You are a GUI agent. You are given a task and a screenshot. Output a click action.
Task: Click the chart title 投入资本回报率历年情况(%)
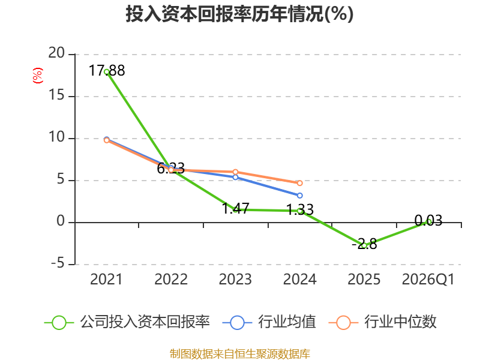239,14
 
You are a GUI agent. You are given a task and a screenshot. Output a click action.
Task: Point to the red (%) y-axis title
38,76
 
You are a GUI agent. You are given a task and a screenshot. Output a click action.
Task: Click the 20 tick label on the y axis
56,53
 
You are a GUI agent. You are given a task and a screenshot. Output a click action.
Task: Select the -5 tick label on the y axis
58,263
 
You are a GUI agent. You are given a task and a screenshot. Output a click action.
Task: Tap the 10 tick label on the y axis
56,137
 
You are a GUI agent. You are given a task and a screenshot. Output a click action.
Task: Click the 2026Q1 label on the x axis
428,279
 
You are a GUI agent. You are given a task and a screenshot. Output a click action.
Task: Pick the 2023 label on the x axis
235,279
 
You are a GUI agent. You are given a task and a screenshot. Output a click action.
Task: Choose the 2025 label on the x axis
364,279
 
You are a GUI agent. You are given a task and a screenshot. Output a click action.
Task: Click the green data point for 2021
107,72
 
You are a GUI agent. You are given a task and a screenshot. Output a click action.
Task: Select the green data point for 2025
364,245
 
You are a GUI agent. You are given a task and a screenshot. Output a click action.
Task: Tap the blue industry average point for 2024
299,196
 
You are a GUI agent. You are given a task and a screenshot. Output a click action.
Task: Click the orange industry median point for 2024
299,183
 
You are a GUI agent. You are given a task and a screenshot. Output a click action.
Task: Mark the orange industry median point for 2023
235,172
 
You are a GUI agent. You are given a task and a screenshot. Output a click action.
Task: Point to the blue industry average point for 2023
235,177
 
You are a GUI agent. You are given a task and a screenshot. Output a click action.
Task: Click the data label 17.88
107,70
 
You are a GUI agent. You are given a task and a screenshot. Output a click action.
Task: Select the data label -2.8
364,244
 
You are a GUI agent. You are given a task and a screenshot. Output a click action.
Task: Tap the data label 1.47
235,208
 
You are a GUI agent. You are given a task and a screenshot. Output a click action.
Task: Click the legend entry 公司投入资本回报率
127,322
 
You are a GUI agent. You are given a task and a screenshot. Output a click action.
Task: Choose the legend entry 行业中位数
382,322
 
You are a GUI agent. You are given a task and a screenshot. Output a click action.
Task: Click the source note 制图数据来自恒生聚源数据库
239,354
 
